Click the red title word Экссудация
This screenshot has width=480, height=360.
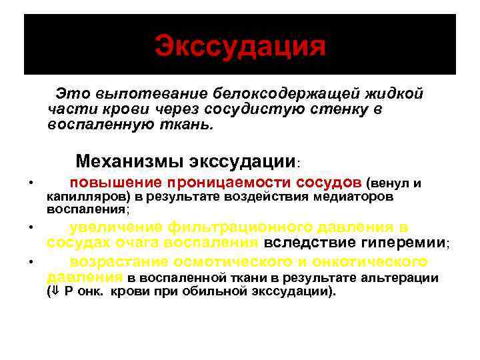click(x=240, y=47)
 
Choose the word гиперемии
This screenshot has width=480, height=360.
click(x=407, y=241)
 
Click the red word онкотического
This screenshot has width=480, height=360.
click(x=374, y=261)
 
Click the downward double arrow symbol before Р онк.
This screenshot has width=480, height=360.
click(x=57, y=292)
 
